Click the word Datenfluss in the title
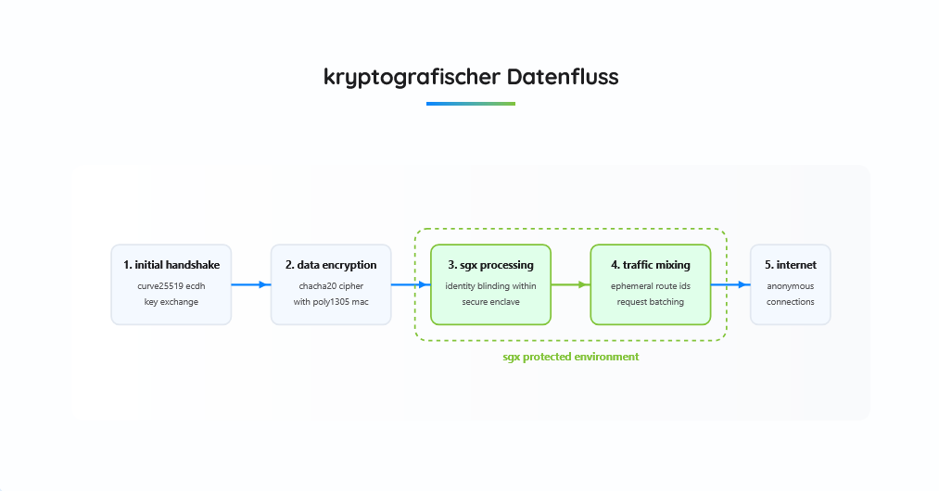[x=563, y=77]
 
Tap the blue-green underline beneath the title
[x=471, y=104]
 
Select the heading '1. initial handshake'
[x=171, y=265]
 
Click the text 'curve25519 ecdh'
[x=171, y=286]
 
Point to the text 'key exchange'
[x=171, y=302]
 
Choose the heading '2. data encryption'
[x=331, y=265]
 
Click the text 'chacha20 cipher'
[x=331, y=286]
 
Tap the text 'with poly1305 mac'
[x=331, y=302]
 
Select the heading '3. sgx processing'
[x=491, y=265]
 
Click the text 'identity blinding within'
[x=491, y=286]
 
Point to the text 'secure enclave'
[x=491, y=302]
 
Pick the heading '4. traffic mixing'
[x=651, y=265]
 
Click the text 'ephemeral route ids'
[x=651, y=286]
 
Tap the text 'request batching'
[x=651, y=302]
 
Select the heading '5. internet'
[x=791, y=265]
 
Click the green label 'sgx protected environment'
[x=571, y=357]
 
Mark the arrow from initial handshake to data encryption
[x=251, y=284]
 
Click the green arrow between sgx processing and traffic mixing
[x=571, y=284]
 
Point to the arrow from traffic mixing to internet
[x=730, y=284]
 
